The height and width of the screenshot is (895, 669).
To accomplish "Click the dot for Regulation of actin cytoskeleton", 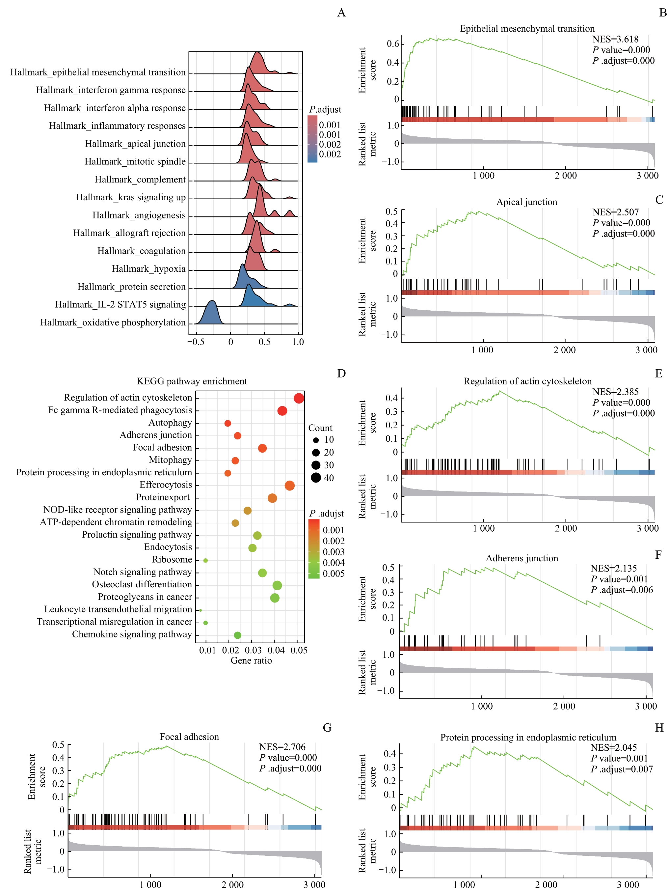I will pos(299,398).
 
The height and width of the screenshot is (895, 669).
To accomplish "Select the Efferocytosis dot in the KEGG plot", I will pos(289,485).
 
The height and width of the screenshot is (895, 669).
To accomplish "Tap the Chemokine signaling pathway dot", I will pos(237,635).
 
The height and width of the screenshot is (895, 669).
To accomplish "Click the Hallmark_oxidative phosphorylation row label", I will pos(113,322).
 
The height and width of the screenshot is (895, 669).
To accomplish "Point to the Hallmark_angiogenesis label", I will pos(139,215).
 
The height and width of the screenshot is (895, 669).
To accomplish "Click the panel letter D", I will pos(341,373).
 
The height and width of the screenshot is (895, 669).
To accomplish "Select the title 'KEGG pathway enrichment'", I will pos(192,381).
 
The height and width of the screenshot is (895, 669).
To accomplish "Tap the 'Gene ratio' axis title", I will pos(251,660).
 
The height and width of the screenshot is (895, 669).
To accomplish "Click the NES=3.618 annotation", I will pos(615,39).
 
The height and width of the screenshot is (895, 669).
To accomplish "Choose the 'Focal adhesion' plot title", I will pos(189,737).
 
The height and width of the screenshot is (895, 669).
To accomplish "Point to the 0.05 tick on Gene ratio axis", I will pos(299,650).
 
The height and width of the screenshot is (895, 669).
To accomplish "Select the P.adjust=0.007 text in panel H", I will pos(622,769).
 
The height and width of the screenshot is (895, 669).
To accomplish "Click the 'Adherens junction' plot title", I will pos(522,558).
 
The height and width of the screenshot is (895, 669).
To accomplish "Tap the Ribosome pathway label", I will pos(172,560).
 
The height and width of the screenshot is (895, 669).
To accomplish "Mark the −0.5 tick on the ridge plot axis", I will pos(196,342).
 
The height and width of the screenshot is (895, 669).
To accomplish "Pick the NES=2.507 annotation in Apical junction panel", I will pos(615,212).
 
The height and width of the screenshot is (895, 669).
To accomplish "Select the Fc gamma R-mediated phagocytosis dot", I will pos(282,411).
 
